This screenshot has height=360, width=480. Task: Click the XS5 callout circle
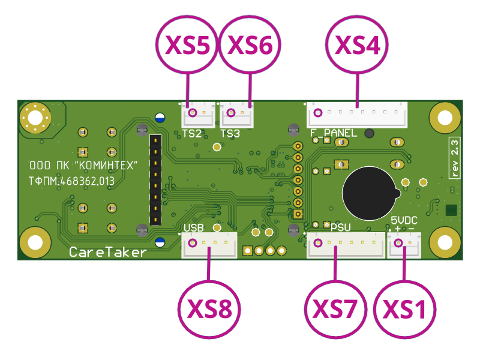pyautogui.click(x=187, y=46)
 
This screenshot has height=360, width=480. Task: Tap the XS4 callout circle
pyautogui.click(x=357, y=46)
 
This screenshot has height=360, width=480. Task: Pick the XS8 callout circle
pyautogui.click(x=209, y=308)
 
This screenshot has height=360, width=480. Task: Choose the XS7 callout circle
pyautogui.click(x=335, y=308)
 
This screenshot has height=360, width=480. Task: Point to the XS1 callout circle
pyautogui.click(x=405, y=308)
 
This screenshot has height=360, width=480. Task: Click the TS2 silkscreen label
pyautogui.click(x=191, y=133)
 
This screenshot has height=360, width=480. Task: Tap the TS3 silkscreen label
pyautogui.click(x=230, y=133)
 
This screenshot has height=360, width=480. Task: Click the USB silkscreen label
pyautogui.click(x=194, y=228)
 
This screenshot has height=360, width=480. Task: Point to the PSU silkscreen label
pyautogui.click(x=340, y=227)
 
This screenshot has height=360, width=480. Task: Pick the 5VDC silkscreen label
pyautogui.click(x=404, y=221)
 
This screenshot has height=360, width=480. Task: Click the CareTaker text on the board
pyautogui.click(x=107, y=252)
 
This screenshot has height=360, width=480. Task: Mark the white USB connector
pyautogui.click(x=209, y=245)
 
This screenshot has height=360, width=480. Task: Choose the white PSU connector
pyautogui.click(x=346, y=245)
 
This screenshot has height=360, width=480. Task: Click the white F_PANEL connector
pyautogui.click(x=358, y=113)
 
